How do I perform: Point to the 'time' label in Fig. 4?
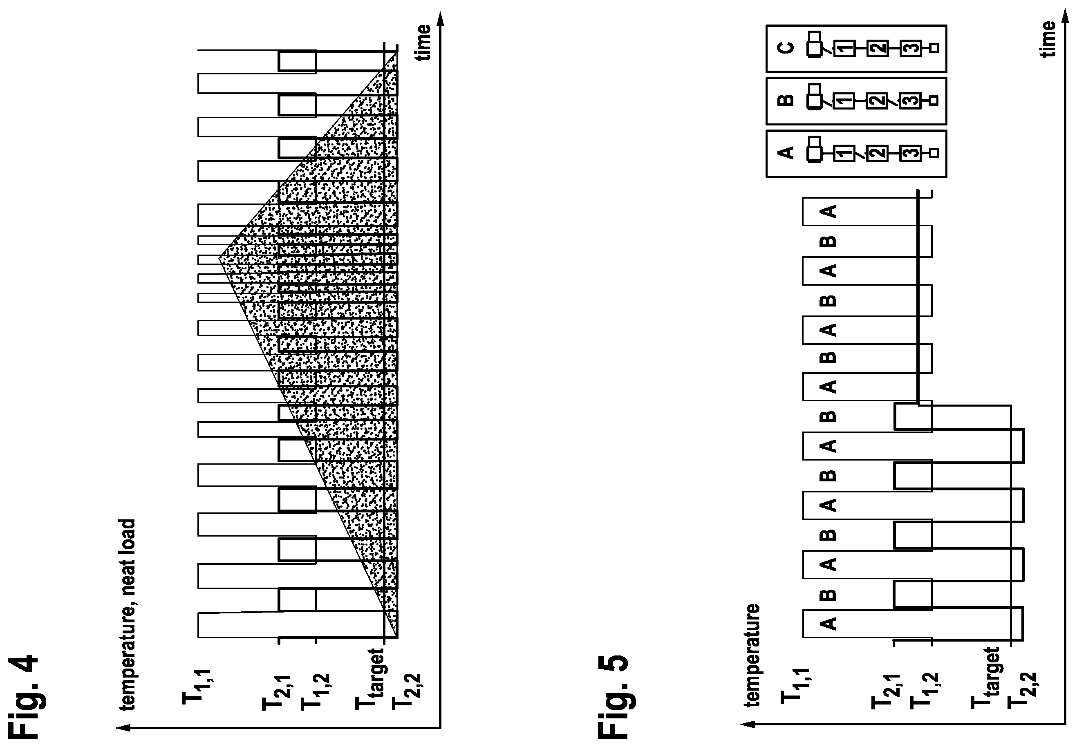tap(423, 42)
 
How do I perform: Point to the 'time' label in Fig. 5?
tap(1048, 39)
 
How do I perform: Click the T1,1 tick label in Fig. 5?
tap(796, 687)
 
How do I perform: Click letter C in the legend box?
tap(786, 48)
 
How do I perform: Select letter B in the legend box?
tap(786, 100)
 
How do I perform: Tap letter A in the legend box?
tap(786, 152)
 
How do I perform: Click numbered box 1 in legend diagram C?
tap(844, 48)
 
